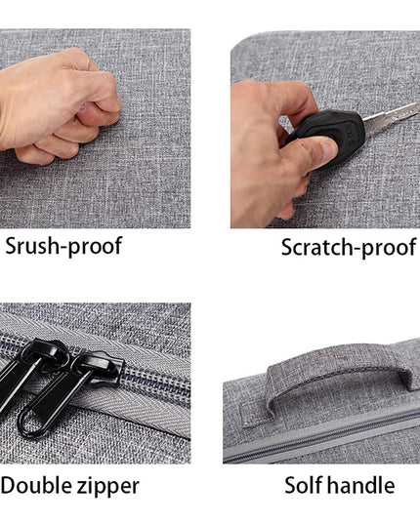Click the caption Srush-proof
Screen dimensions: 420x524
[63, 246]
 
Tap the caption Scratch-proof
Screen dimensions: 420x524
[349, 248]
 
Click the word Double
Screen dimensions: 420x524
[36, 485]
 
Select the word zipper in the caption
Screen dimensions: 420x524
[108, 487]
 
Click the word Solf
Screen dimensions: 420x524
[304, 485]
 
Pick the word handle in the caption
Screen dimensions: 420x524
[361, 485]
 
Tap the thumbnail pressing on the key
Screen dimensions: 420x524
[328, 150]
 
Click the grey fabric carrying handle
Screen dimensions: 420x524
[338, 371]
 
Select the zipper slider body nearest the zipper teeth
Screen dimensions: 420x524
[102, 367]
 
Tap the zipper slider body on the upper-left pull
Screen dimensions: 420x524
[44, 355]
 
